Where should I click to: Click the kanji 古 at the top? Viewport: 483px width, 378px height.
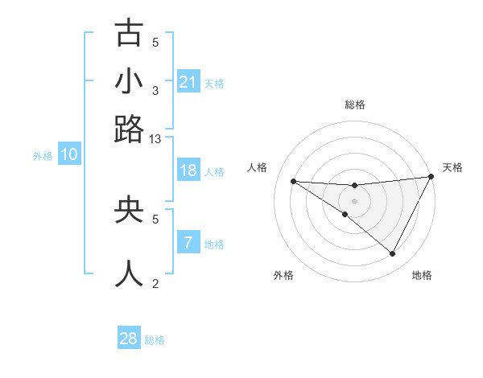click(129, 34)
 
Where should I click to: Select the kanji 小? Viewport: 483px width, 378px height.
click(129, 81)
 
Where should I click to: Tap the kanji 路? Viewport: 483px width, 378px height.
click(129, 129)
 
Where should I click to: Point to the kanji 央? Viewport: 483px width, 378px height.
click(129, 210)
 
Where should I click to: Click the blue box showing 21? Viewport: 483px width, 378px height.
click(188, 82)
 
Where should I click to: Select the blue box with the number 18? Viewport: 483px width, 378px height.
click(188, 171)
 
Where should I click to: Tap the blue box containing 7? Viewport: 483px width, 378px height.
click(188, 244)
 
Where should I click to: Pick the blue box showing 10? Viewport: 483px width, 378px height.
click(69, 155)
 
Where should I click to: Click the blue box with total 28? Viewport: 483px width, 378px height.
click(129, 339)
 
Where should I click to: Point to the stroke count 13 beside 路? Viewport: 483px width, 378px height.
click(155, 139)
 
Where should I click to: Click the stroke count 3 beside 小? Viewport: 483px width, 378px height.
click(155, 90)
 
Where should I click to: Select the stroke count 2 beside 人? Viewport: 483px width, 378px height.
click(155, 283)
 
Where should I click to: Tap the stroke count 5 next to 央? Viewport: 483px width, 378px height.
click(155, 218)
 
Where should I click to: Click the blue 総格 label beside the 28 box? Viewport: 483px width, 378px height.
click(155, 340)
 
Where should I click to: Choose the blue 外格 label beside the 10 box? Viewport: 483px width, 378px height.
click(43, 156)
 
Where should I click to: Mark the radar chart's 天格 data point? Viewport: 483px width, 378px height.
click(431, 177)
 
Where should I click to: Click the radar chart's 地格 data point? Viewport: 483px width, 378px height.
click(392, 253)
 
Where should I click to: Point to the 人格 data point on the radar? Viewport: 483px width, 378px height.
click(294, 181)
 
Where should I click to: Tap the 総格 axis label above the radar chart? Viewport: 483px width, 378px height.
click(354, 105)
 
